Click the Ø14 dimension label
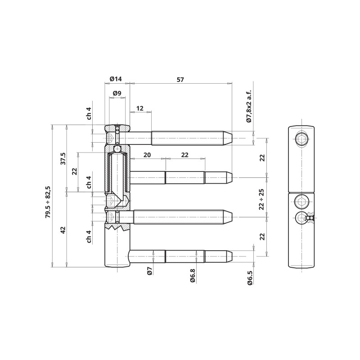coord(116,79)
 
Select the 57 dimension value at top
coord(180,80)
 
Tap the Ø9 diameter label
coord(117,93)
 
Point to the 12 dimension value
coord(139,108)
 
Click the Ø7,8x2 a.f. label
coord(249,106)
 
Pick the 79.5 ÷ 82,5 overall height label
coord(48,202)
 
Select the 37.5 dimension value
coord(63,159)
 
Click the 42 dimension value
coord(63,230)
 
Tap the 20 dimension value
coord(147,155)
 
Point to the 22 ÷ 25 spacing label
coord(261,199)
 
